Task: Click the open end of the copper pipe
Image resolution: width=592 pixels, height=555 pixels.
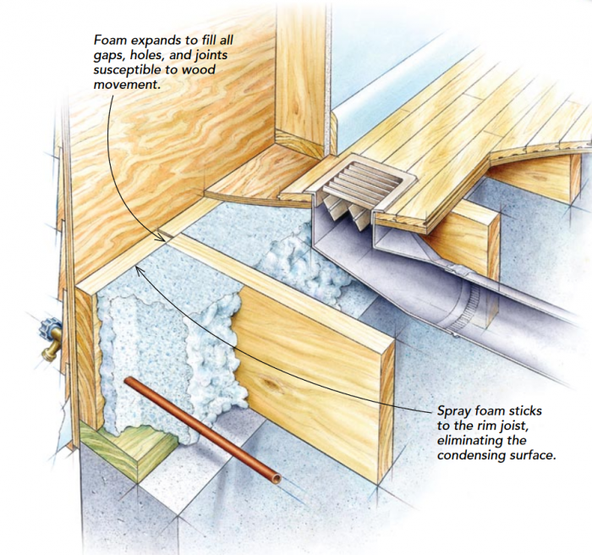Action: tap(277, 479)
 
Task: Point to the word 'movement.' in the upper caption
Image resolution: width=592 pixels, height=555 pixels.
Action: tap(127, 84)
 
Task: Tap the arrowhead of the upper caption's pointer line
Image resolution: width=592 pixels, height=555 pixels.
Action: tap(162, 238)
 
